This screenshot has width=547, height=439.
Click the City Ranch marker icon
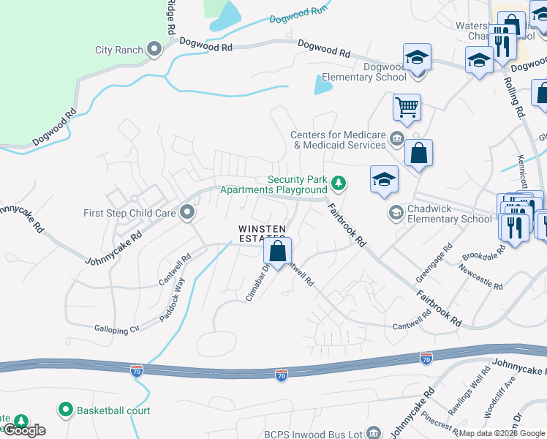pos(154,50)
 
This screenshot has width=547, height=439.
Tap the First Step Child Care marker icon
pos(187,213)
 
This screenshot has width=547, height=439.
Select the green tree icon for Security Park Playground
pos(338,181)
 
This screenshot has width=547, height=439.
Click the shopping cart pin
pos(407,108)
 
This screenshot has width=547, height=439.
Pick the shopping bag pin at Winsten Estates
pos(278,252)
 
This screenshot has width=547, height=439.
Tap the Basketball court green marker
pos(66,410)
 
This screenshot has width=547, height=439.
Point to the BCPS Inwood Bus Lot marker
pos(374,434)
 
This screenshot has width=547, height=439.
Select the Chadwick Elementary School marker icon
pos(396,213)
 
